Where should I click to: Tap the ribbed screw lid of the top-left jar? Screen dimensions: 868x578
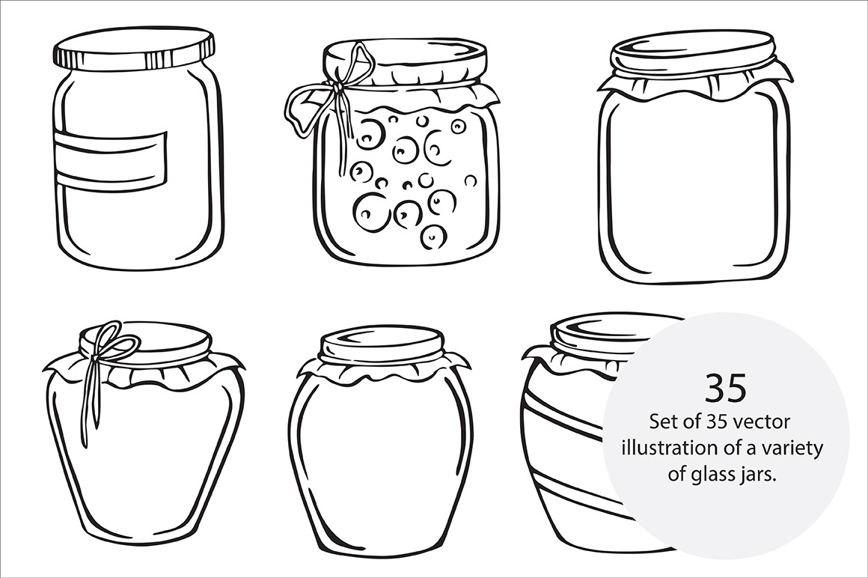tap(133, 49)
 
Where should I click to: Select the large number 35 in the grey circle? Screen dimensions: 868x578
tap(726, 388)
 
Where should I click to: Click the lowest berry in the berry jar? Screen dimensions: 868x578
tap(433, 237)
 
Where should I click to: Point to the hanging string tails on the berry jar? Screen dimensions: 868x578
tap(346, 133)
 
